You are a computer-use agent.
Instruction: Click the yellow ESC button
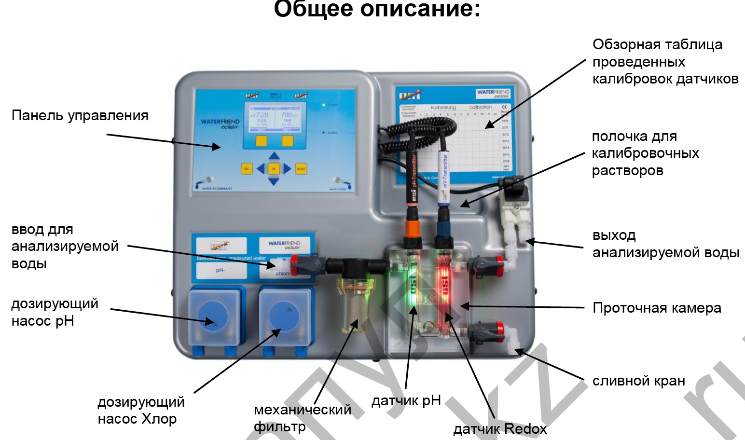point(247,168)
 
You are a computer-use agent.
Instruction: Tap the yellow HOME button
point(301,168)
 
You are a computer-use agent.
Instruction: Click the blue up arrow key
point(274,156)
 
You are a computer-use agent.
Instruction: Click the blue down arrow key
point(274,181)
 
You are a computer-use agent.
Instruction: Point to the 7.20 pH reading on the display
point(261,115)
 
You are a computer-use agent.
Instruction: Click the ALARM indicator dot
point(323,132)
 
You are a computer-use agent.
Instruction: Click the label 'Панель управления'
point(80,116)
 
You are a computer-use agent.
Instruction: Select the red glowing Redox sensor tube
point(444,289)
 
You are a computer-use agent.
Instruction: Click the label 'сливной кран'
point(638,381)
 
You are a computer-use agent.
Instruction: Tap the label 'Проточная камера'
point(657,308)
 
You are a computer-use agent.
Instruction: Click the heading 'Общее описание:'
point(377,10)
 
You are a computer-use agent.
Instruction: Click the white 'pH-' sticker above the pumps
point(221,271)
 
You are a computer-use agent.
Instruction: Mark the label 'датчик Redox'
point(500,429)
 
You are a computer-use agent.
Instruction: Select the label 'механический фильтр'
point(302,418)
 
